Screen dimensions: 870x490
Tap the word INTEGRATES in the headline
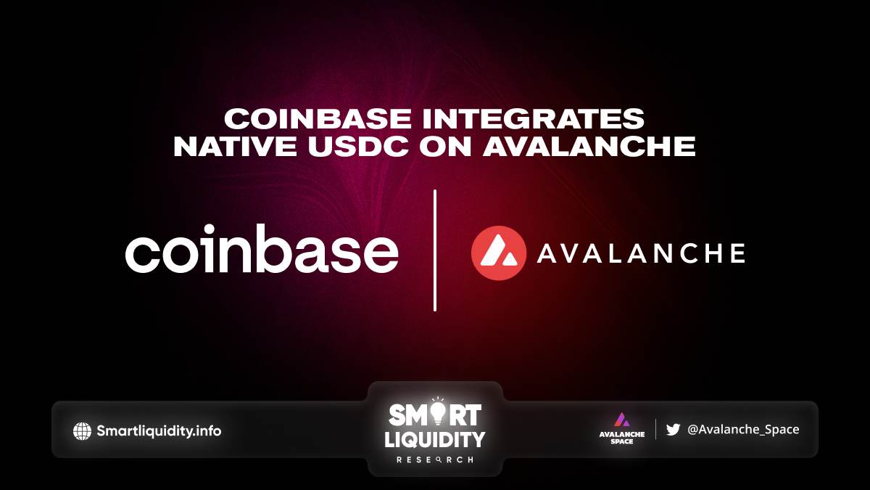534,118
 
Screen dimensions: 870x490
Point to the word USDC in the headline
358,146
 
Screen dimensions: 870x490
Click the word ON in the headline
445,146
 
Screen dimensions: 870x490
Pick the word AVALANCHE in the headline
589,146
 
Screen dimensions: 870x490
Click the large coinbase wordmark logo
262,248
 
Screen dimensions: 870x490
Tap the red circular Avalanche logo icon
499,253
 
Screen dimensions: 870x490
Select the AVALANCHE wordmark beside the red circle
641,253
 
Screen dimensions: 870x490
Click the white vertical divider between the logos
434,250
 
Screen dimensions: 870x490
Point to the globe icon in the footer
82,431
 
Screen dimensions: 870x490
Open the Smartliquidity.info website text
159,431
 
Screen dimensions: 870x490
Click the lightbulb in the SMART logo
438,412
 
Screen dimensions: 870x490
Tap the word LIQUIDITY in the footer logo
434,439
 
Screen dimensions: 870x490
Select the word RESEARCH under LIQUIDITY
434,460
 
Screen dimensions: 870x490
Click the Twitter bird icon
673,429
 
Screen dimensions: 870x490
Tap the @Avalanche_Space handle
743,429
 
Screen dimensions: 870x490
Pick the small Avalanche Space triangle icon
622,420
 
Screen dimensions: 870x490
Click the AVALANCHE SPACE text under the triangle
622,438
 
